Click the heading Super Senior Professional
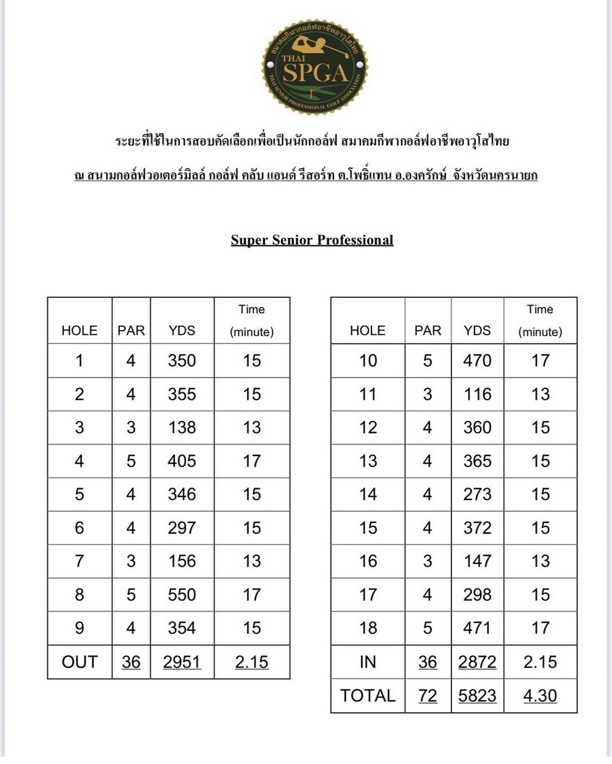point(312,240)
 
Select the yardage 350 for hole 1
point(181,361)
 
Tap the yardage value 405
point(181,461)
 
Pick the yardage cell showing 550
point(181,595)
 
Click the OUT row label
point(79,662)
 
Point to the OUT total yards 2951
point(181,662)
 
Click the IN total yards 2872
point(477,662)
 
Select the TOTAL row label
point(367,696)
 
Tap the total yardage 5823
point(477,696)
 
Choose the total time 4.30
point(540,696)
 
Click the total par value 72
point(427,696)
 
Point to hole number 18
point(368,628)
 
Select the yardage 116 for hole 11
point(477,394)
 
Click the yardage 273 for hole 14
point(477,494)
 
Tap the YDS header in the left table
point(181,330)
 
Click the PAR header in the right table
point(427,330)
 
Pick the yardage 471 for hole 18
point(477,628)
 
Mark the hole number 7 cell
point(79,561)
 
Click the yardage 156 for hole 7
point(181,561)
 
